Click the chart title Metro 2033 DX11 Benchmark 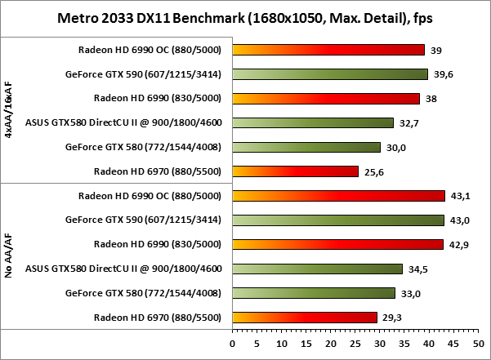(x=245, y=17)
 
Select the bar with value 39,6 (x=330, y=74)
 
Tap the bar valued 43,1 (x=338, y=196)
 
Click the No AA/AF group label (x=9, y=256)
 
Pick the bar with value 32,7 (x=313, y=123)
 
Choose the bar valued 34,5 (x=318, y=269)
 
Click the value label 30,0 (x=396, y=148)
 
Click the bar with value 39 (x=328, y=50)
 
